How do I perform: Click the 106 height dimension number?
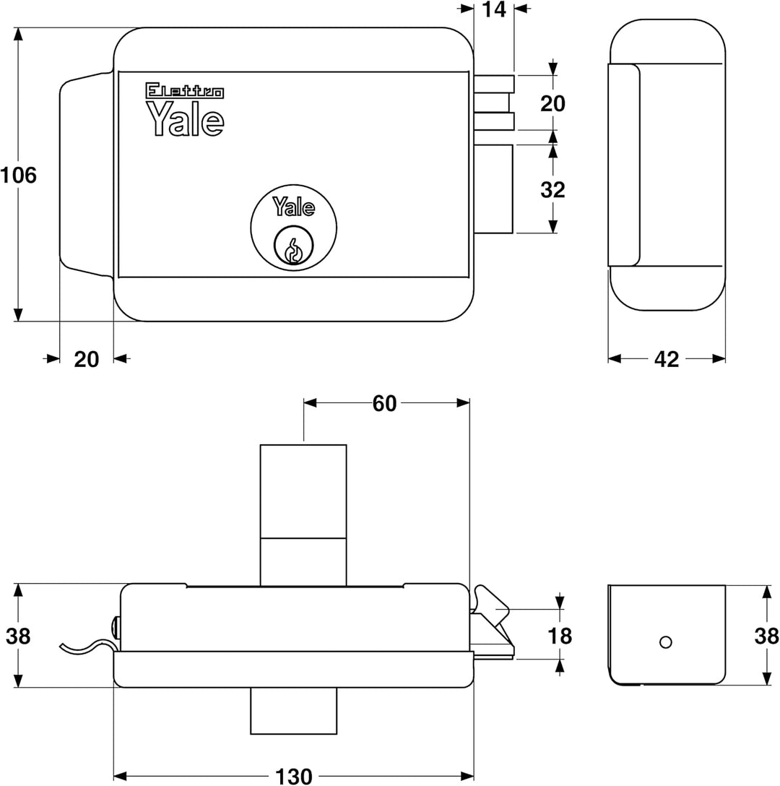click(19, 175)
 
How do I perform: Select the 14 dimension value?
click(494, 10)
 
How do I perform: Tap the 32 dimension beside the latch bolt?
click(552, 189)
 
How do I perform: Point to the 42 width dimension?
click(666, 359)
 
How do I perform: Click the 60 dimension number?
click(384, 404)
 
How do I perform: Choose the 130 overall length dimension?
click(294, 776)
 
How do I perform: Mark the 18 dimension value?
click(560, 636)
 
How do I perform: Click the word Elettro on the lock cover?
click(185, 91)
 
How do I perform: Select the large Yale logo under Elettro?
click(185, 119)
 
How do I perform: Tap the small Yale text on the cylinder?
click(293, 207)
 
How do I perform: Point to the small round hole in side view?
click(666, 642)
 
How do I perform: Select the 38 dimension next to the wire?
click(19, 636)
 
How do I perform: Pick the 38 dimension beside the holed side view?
click(766, 636)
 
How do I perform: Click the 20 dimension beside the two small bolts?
click(552, 103)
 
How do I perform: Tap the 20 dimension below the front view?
click(87, 359)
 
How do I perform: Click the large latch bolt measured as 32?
click(494, 189)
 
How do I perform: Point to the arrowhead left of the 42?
click(615, 358)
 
